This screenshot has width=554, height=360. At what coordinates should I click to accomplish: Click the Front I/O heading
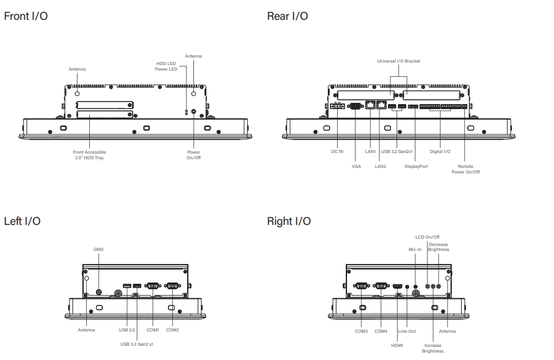tap(25, 16)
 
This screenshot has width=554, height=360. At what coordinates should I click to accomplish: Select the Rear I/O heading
tap(288, 16)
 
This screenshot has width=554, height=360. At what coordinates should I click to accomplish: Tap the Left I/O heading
tap(22, 221)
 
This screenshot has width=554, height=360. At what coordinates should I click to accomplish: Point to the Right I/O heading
tap(289, 221)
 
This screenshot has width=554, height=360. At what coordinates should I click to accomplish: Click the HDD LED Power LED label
tap(166, 66)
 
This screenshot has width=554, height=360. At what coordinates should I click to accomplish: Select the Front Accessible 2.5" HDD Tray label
tap(90, 155)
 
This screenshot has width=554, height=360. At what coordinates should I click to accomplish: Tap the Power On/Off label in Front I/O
tap(194, 155)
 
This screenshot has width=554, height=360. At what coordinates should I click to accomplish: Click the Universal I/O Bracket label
tap(398, 61)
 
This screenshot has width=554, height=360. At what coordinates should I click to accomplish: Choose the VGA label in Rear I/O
tap(356, 166)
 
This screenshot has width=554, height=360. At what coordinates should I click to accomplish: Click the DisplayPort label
tap(416, 166)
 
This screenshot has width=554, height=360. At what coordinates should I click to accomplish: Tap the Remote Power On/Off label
tap(465, 169)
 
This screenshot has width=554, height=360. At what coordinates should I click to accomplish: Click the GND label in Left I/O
tap(99, 249)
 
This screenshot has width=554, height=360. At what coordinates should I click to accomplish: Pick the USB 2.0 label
tap(127, 330)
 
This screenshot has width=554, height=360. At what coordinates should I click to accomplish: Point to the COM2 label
tap(172, 330)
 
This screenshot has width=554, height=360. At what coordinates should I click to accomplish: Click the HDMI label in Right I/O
tap(397, 345)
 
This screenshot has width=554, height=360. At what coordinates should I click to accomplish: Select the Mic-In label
tap(415, 249)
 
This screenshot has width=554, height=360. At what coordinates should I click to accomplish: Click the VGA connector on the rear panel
tap(356, 106)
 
